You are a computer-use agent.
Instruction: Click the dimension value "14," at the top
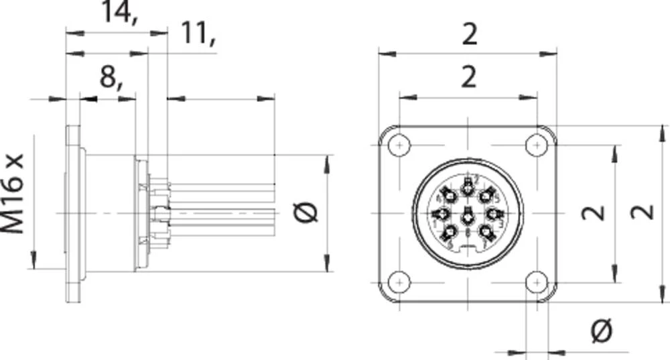[119, 12]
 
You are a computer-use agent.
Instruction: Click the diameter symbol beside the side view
[306, 213]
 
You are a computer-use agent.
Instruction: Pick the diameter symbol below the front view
[602, 330]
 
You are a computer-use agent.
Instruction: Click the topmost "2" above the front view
[469, 34]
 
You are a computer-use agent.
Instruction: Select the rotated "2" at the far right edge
[644, 213]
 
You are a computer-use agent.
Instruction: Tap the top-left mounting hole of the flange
[400, 145]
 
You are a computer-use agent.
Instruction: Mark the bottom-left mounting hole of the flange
[400, 282]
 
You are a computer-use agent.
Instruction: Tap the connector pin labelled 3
[494, 214]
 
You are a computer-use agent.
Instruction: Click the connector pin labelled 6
[449, 195]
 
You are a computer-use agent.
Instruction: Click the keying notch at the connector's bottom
[468, 251]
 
